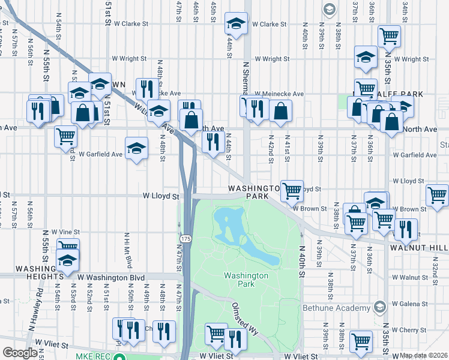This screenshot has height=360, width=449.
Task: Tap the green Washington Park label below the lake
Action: (x=245, y=280)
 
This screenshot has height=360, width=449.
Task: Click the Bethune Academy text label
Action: (x=338, y=308)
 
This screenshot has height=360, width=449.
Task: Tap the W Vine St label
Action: (x=65, y=232)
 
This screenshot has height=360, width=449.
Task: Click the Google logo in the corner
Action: (x=20, y=353)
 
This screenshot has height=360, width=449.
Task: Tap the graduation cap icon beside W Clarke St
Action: (x=236, y=25)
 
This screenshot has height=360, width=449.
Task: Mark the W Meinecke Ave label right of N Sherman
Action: (x=279, y=94)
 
